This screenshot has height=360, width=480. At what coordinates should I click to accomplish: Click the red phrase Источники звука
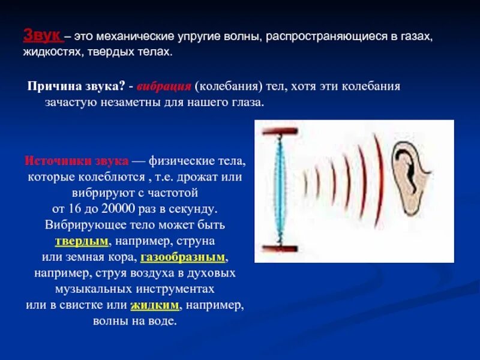(76, 161)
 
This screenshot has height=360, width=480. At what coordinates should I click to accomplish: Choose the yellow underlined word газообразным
(183, 257)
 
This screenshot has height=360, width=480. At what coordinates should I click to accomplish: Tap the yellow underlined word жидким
(155, 305)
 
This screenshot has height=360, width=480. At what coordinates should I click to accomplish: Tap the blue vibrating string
(277, 189)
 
